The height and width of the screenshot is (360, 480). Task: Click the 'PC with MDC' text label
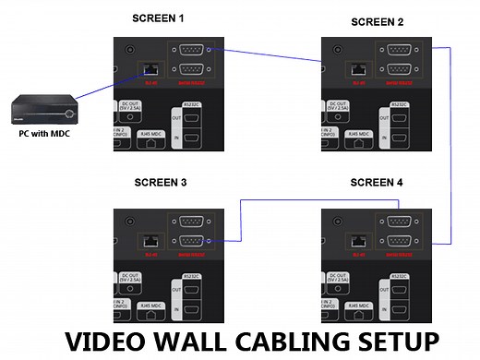[45, 133]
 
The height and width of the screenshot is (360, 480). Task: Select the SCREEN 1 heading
[159, 18]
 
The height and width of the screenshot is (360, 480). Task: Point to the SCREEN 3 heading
[159, 184]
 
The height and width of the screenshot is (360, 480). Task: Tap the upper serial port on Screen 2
[398, 51]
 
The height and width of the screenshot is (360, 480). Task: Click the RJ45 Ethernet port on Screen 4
[357, 241]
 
